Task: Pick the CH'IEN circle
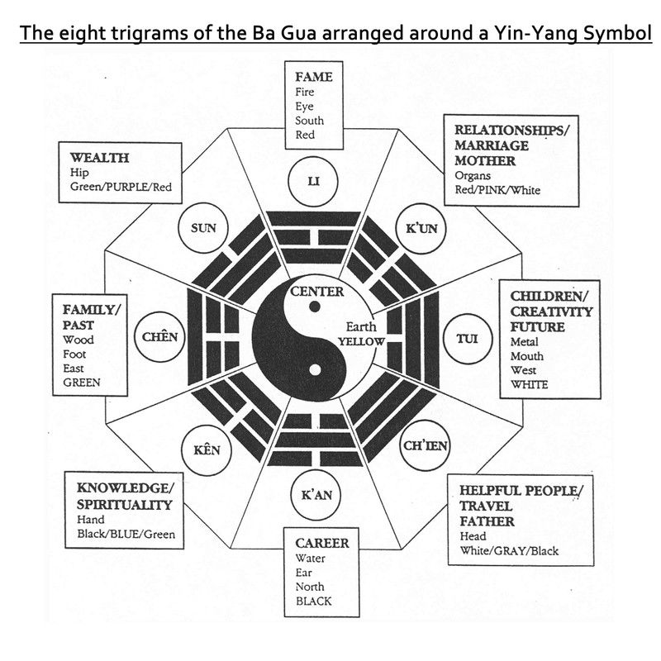click(425, 447)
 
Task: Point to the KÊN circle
click(206, 449)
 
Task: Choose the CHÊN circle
click(160, 337)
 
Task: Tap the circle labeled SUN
click(203, 227)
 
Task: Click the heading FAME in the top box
click(313, 77)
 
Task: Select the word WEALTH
click(99, 157)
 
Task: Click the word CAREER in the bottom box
click(322, 543)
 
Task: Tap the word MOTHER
click(484, 160)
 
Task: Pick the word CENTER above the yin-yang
click(316, 292)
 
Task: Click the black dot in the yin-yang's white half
click(314, 308)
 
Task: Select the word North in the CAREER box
click(310, 587)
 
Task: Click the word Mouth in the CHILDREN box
click(527, 356)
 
